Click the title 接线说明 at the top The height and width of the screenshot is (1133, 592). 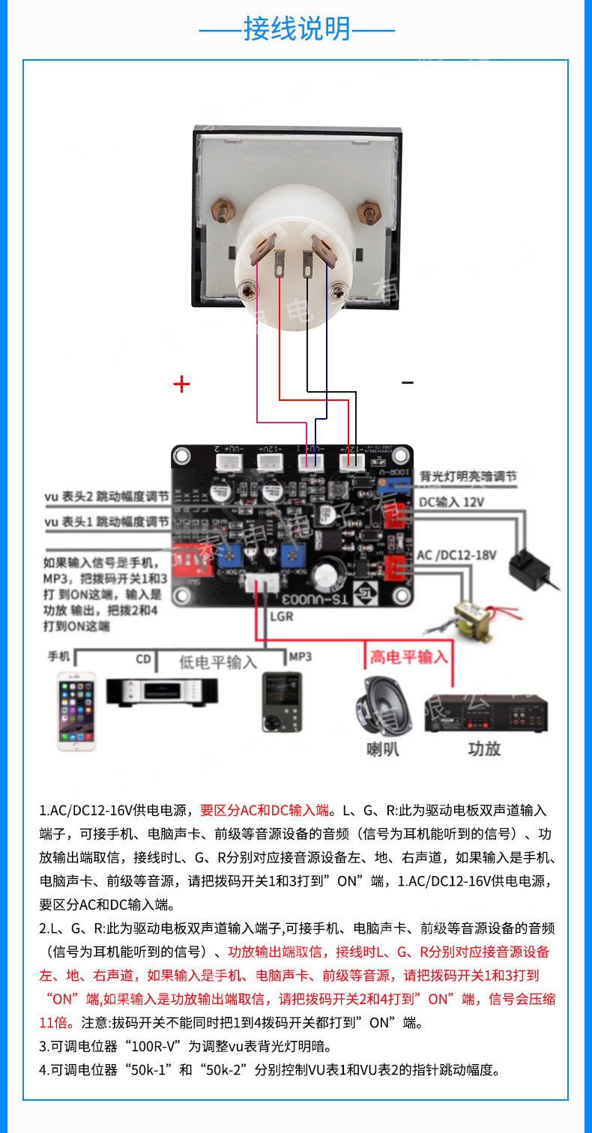point(297,29)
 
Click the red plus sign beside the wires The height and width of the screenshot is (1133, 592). point(181,384)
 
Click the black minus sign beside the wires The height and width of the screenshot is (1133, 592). point(407,383)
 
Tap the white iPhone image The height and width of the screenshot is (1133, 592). point(77,710)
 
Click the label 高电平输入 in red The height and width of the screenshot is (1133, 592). point(408,657)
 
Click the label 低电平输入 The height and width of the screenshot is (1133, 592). point(217,662)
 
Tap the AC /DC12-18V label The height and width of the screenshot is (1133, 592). point(456,555)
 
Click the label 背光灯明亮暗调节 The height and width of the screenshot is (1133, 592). point(468,477)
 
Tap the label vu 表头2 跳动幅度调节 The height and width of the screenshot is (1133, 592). point(106,498)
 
